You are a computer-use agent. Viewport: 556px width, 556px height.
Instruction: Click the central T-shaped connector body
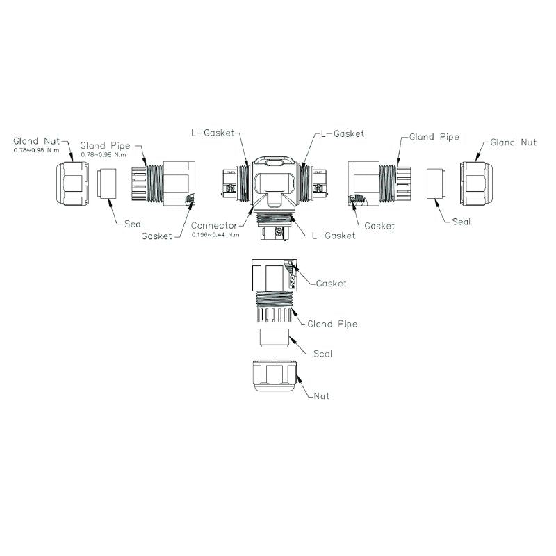pos(275,188)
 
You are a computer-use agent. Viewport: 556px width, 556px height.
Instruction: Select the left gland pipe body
pos(163,183)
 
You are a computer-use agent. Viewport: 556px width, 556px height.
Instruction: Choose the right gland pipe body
pos(376,183)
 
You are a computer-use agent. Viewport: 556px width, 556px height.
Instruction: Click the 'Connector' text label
pos(214,226)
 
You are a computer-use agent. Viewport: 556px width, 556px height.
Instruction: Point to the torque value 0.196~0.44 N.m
pos(215,235)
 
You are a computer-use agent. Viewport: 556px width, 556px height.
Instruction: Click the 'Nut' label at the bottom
pos(320,395)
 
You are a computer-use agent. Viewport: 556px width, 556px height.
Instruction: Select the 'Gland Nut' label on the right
pos(513,142)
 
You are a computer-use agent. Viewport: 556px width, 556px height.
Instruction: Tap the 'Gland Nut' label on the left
pos(37,141)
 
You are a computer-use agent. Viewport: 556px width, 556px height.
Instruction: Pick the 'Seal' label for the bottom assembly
pos(322,354)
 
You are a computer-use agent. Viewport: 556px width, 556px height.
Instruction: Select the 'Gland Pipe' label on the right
pos(434,137)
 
